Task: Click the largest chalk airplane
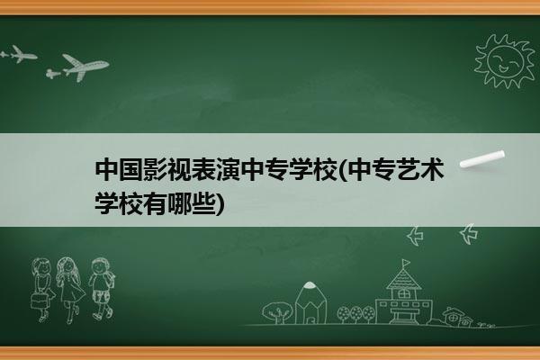[x=85, y=67]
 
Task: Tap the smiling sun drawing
[x=505, y=61]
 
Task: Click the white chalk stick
[x=482, y=159]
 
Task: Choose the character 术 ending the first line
[x=432, y=169]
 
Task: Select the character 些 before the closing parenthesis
[x=203, y=204]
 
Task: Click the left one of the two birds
[x=415, y=236]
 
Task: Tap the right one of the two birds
[x=469, y=234]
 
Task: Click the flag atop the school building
[x=406, y=263]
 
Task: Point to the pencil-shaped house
[x=310, y=303]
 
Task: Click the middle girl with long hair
[x=69, y=289]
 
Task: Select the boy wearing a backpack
[x=101, y=288]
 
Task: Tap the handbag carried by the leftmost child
[x=39, y=301]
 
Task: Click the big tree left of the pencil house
[x=277, y=312]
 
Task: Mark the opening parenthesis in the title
[x=344, y=169]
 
